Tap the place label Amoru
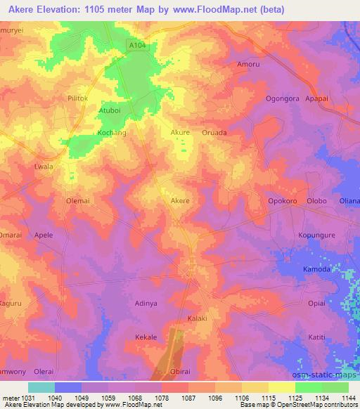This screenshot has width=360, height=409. [248, 63]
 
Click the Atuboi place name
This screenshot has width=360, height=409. [110, 110]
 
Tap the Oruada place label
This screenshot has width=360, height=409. [214, 131]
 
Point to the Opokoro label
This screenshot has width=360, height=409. [284, 201]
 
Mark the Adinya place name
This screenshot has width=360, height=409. [146, 304]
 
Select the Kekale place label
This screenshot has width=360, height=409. [146, 337]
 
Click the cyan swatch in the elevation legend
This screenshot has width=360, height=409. [41, 387]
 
